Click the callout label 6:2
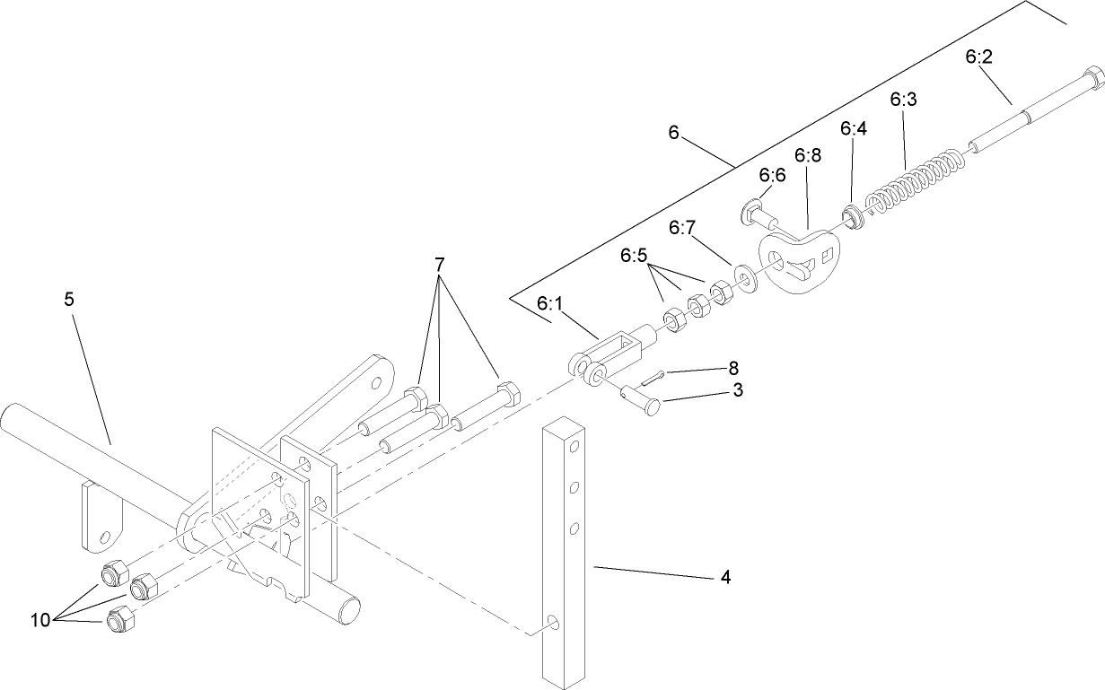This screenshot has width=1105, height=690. [x=978, y=57]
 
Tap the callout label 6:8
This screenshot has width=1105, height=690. [x=808, y=155]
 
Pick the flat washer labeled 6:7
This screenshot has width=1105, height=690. [x=745, y=277]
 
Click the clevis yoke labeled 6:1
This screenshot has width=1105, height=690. [x=610, y=354]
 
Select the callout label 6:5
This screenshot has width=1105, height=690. [x=633, y=256]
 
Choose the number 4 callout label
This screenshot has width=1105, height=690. [x=724, y=578]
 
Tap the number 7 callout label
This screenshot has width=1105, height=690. [x=439, y=265]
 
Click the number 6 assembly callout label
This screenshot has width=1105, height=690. [x=674, y=132]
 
